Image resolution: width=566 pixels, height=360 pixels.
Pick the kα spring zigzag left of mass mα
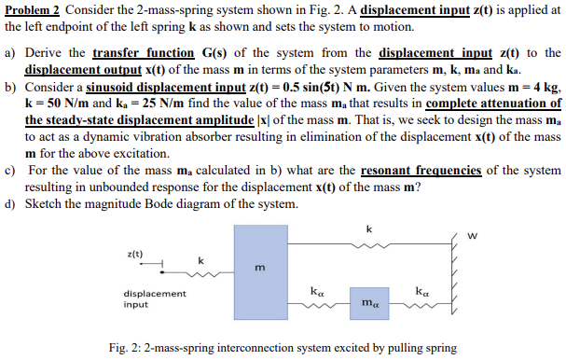[x=317, y=300]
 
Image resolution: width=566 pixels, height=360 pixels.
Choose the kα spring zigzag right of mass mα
[x=422, y=300]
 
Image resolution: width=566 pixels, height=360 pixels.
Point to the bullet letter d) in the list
[x=11, y=204]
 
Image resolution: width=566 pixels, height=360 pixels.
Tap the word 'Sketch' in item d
[x=47, y=204]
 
